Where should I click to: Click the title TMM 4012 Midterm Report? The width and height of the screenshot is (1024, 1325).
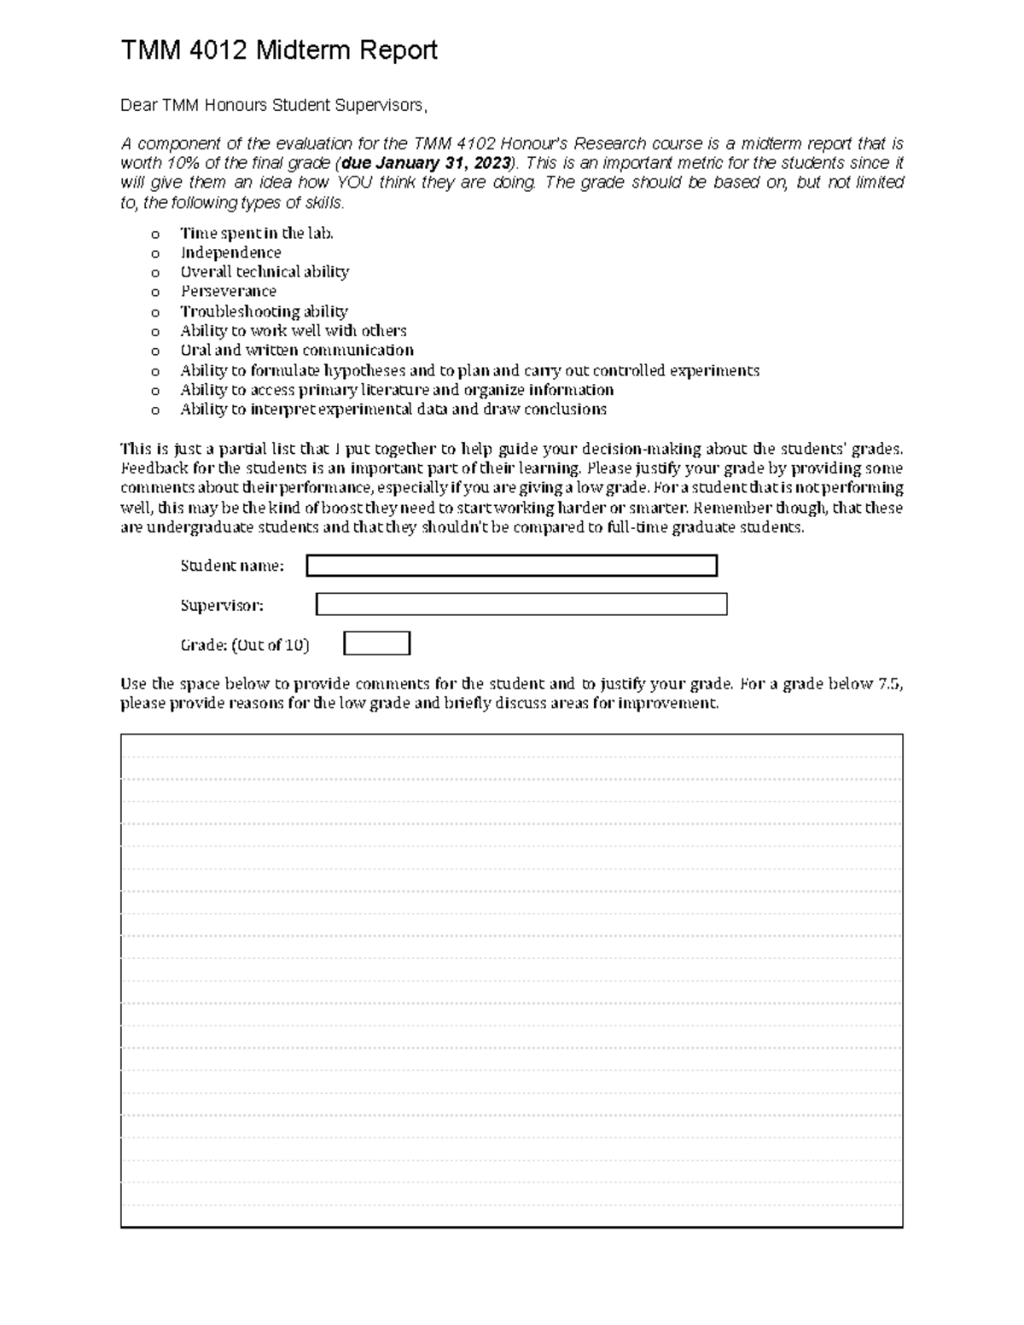278,50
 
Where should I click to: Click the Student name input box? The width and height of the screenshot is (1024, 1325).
511,566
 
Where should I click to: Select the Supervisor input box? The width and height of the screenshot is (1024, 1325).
521,604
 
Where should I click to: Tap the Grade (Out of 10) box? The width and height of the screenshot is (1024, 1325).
376,643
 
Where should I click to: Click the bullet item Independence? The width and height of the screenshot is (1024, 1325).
230,253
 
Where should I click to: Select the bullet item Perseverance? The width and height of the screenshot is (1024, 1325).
228,291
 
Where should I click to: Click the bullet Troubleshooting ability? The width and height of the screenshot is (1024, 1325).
264,311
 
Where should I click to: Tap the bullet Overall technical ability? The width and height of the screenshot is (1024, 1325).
265,272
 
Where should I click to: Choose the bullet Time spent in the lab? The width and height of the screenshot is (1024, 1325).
256,233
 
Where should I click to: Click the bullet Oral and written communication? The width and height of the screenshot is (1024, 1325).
296,350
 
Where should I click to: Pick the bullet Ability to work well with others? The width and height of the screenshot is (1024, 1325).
293,330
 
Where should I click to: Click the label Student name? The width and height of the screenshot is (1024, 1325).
231,566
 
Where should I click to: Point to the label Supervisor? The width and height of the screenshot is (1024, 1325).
222,605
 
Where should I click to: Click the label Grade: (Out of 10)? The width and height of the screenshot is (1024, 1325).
245,645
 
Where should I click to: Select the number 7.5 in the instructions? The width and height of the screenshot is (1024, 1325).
887,683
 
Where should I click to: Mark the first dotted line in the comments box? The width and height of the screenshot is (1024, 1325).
511,757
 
